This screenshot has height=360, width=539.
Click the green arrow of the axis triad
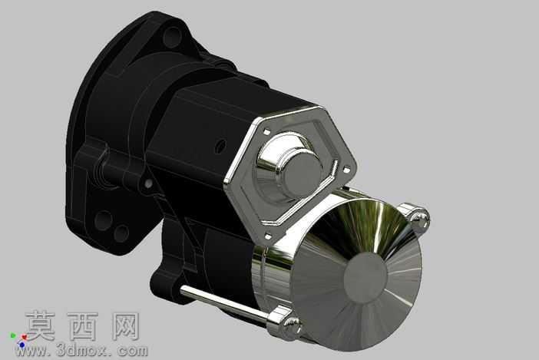point(13,335)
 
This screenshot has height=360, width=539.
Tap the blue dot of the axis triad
point(22,344)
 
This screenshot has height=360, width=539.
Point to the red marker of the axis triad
point(24,338)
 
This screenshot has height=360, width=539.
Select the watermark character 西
point(83,326)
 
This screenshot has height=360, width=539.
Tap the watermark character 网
point(126,326)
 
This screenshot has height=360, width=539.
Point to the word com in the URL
point(132,351)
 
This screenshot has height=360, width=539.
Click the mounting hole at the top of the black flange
point(171,36)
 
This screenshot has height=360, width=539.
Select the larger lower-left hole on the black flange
point(103,220)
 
